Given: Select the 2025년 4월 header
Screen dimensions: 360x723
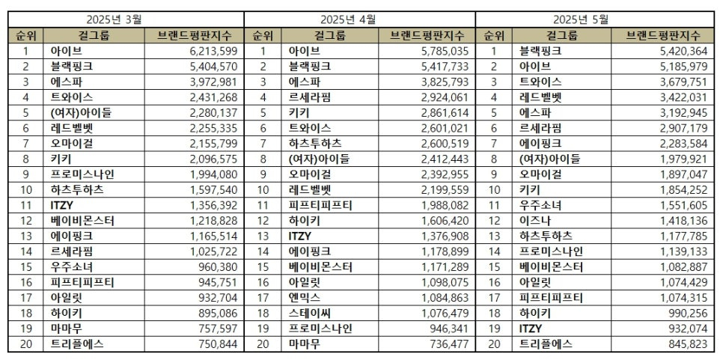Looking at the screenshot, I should click(x=359, y=19).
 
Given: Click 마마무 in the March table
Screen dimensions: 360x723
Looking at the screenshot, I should click(x=66, y=329).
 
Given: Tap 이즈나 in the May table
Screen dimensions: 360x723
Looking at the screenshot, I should click(x=534, y=221).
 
